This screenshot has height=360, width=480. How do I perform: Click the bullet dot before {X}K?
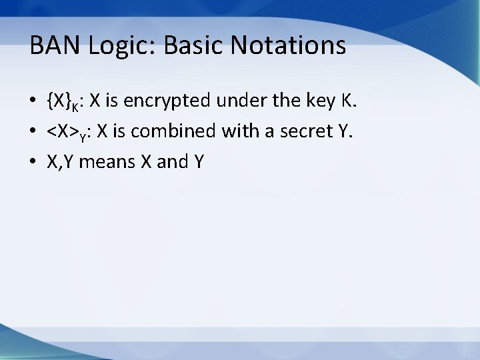coord(33,102)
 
